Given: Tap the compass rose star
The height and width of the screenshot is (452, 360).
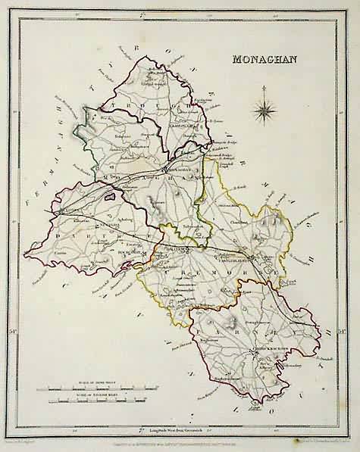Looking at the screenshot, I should (267, 113).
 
